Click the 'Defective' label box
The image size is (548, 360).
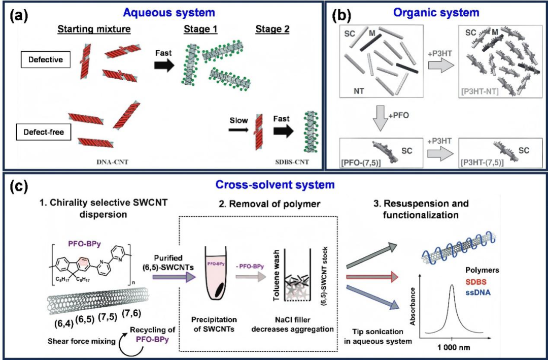46,60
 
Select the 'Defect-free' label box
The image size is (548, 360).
44,133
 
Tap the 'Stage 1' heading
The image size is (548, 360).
200,29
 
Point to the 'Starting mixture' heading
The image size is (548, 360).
94,29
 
